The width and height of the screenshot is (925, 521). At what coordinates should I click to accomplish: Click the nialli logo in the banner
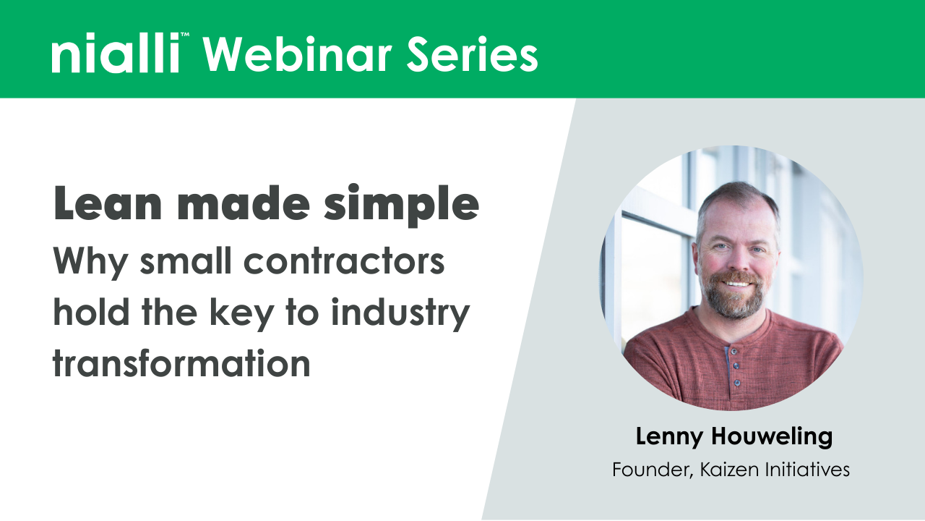click(116, 55)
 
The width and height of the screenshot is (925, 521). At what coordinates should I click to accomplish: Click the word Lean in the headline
click(97, 206)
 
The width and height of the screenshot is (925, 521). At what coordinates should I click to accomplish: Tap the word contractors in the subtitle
click(343, 262)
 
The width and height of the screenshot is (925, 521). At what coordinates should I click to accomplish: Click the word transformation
click(181, 363)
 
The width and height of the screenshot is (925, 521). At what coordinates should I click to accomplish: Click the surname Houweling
click(772, 437)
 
